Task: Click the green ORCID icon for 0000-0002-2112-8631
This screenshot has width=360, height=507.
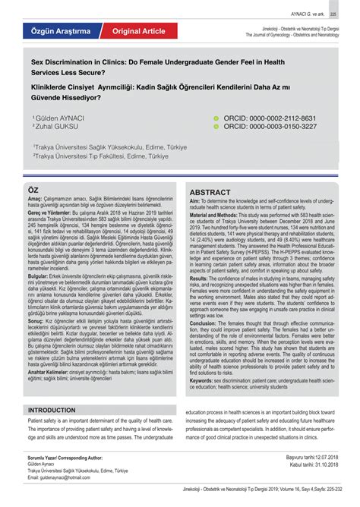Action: point(216,119)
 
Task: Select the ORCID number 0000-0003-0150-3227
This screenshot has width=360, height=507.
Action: point(279,127)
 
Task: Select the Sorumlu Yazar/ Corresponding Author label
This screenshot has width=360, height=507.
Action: point(65,458)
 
